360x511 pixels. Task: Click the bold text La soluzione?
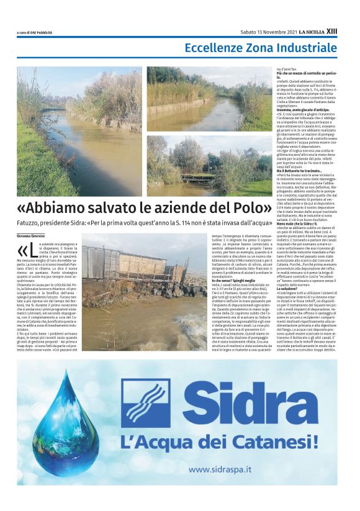tap(289, 287)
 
